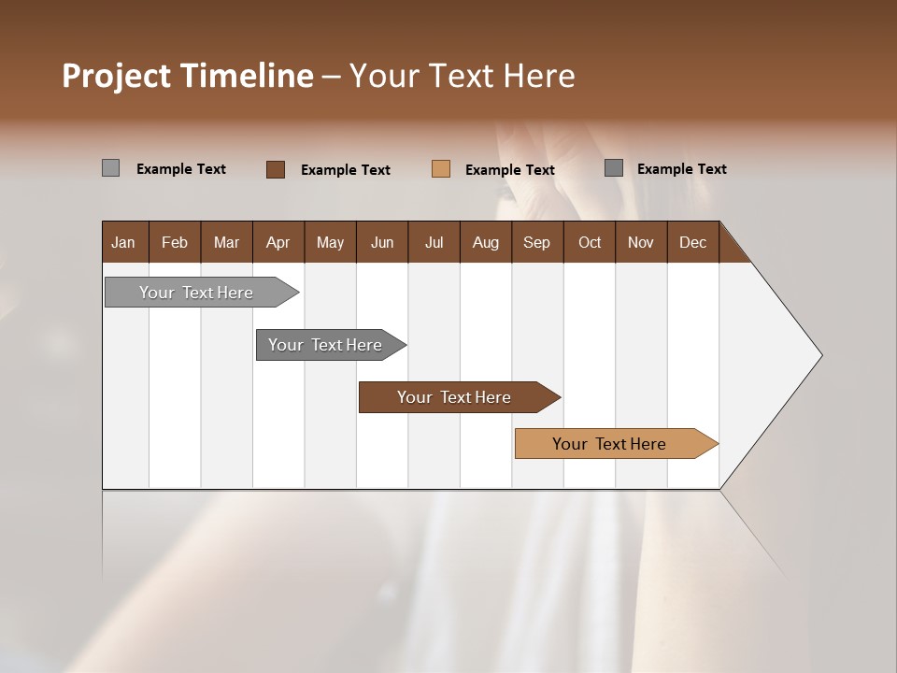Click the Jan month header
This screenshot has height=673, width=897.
coord(124,242)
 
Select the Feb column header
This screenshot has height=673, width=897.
coord(175,242)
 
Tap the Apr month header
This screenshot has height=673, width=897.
coord(278,242)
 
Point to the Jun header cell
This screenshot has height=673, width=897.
coord(382,242)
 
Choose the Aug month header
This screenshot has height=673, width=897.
coord(485,242)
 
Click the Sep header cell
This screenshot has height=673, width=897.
coord(536,242)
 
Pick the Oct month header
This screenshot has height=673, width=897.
coord(590,242)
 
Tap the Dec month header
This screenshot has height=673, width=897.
coord(692,242)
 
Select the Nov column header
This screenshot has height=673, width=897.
coord(641,242)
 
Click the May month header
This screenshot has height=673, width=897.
coord(330,242)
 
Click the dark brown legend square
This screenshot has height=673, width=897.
coord(276,169)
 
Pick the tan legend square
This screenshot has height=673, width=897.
coord(441,169)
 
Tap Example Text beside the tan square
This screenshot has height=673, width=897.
coord(509,170)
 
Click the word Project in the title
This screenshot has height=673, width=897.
coord(115,76)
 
